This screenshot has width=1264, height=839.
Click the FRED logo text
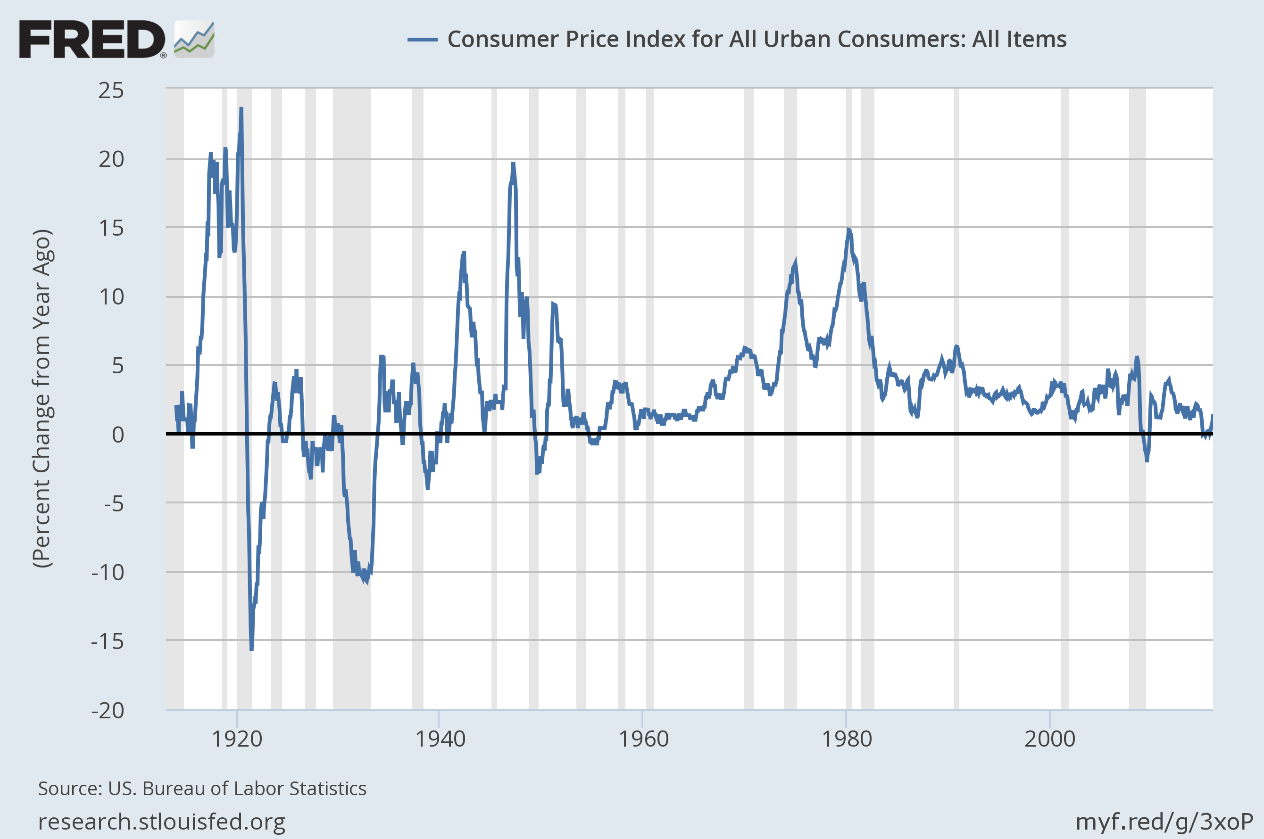point(92,39)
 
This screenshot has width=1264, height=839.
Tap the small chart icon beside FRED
point(194,39)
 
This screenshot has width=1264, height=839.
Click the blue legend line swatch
point(423,40)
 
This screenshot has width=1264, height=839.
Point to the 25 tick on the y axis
point(111,91)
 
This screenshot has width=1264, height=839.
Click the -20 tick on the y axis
point(108,711)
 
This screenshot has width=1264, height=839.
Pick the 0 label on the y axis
point(117,435)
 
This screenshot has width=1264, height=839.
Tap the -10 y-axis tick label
point(108,573)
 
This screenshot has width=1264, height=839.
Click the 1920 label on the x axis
point(237,739)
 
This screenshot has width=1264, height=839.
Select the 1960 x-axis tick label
point(643,739)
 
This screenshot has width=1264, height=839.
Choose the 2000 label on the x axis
point(1049,739)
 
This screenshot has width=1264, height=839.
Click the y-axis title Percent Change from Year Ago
point(42,399)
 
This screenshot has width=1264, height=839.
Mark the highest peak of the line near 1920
point(241,108)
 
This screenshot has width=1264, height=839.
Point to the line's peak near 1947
point(513,163)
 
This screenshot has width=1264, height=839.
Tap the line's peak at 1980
point(848,230)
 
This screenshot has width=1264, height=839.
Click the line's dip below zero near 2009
point(1146,460)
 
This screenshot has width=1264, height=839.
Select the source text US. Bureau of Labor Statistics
point(237,789)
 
